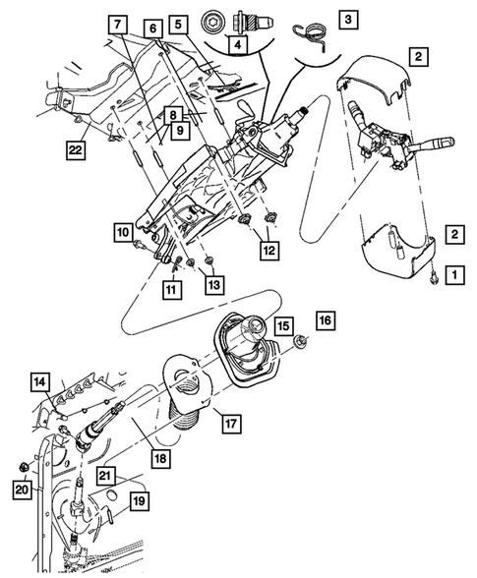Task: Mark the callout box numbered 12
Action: [x=268, y=250]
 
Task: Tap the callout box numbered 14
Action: [x=40, y=380]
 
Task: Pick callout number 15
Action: [x=282, y=323]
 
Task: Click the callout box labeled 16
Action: [x=326, y=320]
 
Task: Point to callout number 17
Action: [x=228, y=424]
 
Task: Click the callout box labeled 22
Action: [x=75, y=150]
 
